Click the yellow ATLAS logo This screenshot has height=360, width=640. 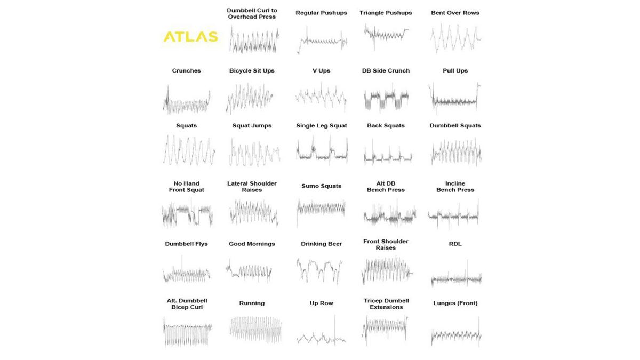[190, 37]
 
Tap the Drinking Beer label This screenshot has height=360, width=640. [321, 244]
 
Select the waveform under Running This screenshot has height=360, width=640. [255, 329]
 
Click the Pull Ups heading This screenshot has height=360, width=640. [455, 70]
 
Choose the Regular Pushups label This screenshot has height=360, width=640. [321, 13]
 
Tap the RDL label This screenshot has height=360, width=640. [455, 244]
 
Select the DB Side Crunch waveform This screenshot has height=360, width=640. [386, 98]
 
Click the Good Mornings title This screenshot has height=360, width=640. [252, 244]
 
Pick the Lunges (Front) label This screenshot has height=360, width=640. [455, 303]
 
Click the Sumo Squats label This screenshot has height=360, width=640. [321, 186]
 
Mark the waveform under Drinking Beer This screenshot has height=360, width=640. [320, 269]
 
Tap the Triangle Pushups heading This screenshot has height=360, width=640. [386, 13]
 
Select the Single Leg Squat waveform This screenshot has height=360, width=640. [322, 151]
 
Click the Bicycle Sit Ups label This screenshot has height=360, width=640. [252, 70]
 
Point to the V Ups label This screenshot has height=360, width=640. [321, 70]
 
